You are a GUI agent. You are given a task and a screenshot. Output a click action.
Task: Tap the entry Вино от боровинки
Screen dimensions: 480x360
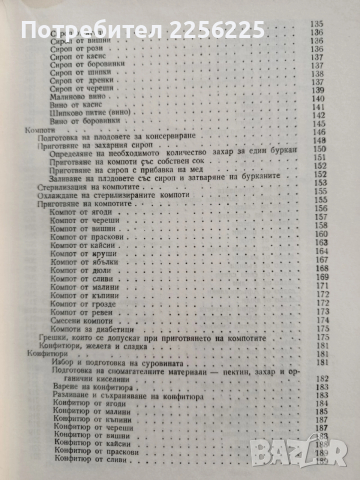tap(108, 138)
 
